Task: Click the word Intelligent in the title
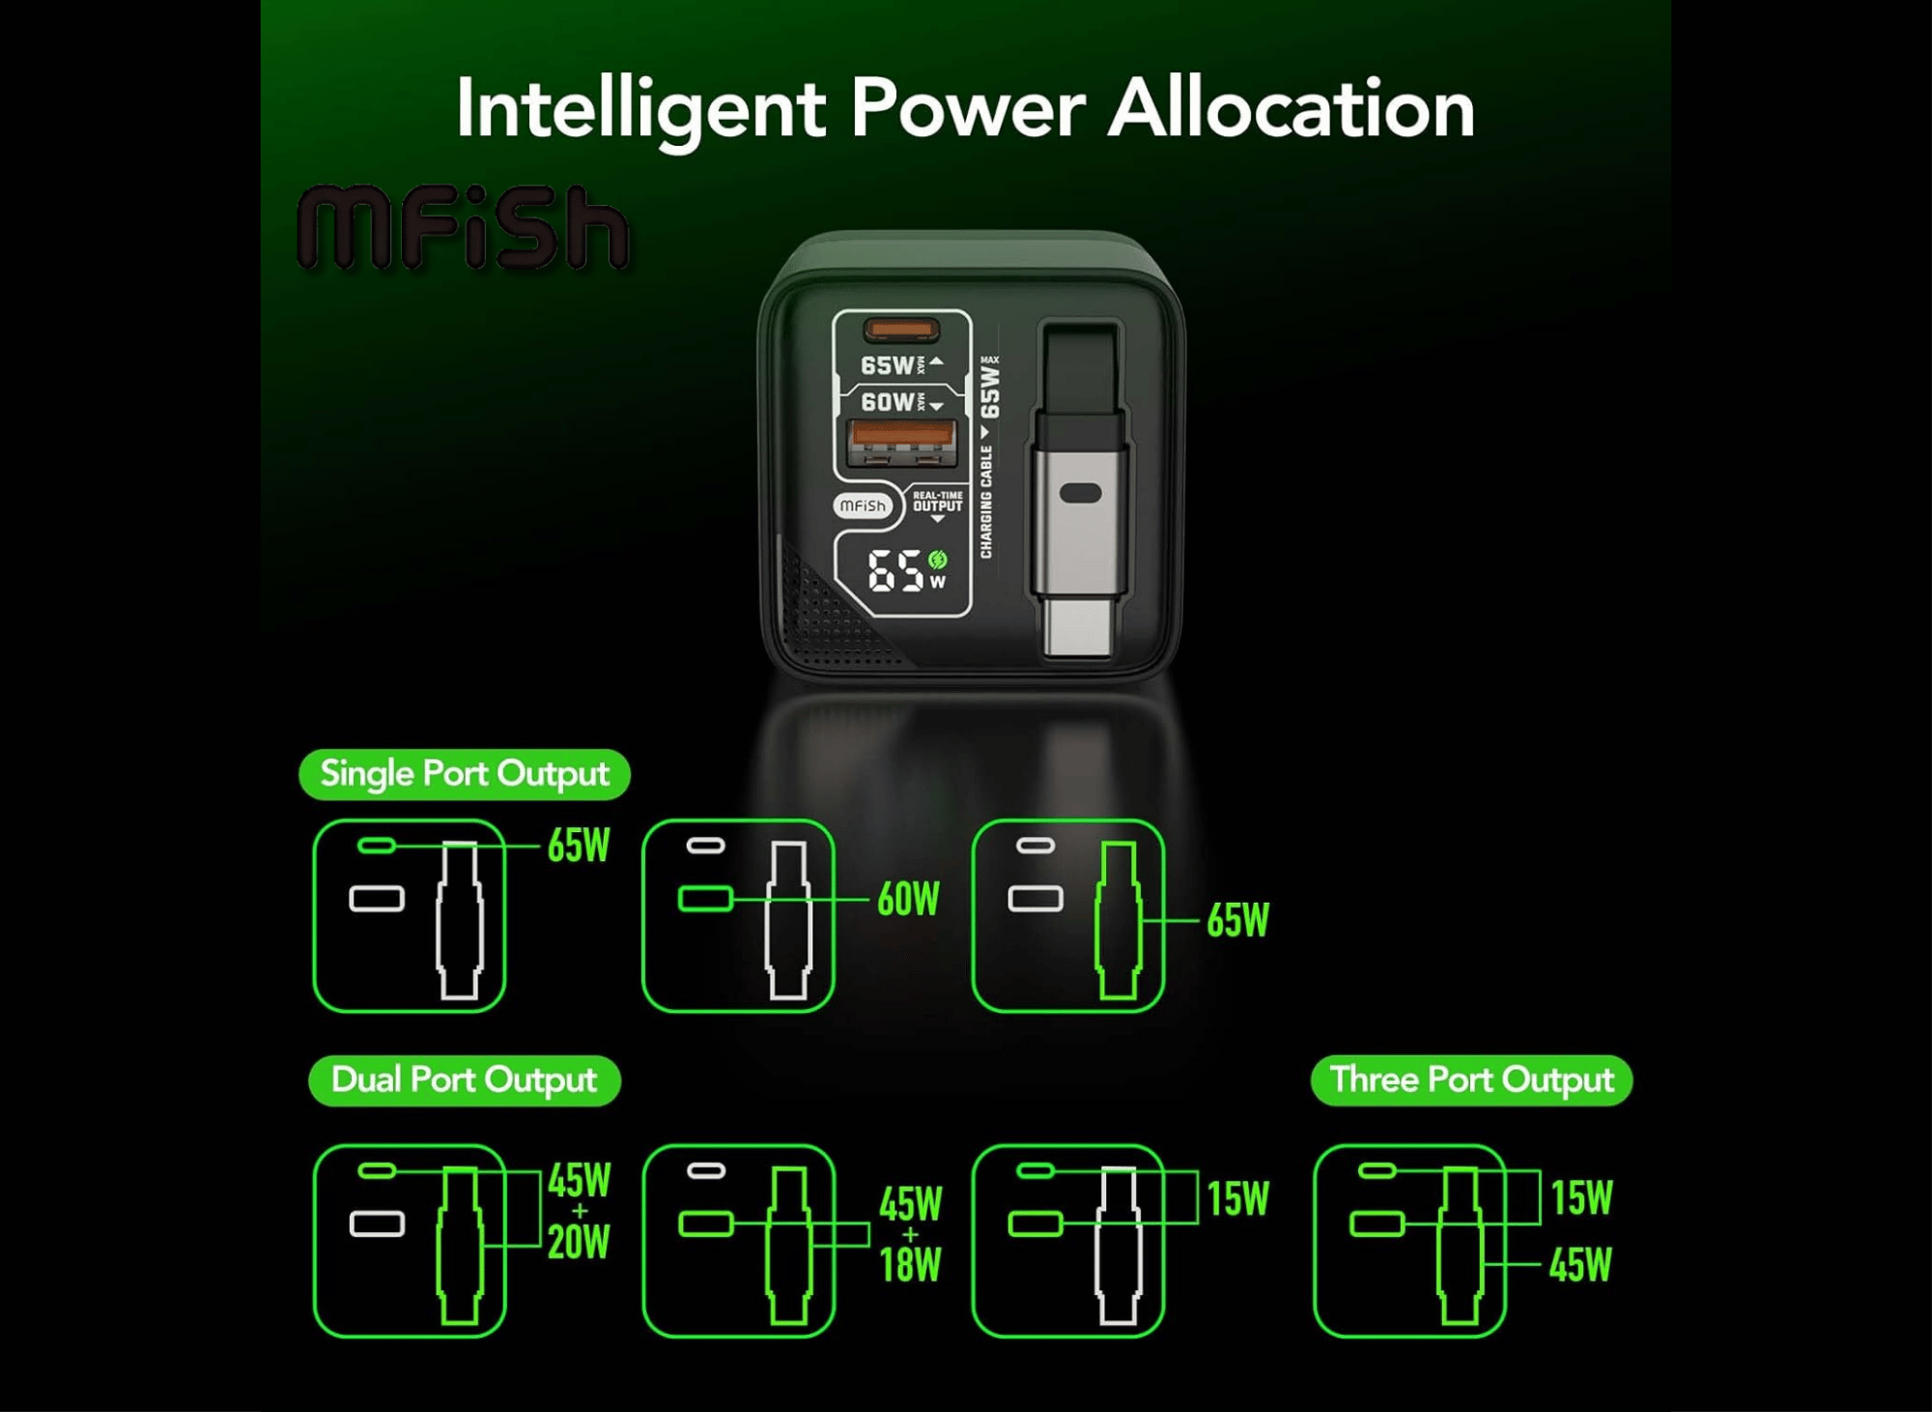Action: pos(640,110)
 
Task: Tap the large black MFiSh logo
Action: pos(463,227)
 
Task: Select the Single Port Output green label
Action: pos(465,774)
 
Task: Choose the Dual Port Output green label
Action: pos(465,1081)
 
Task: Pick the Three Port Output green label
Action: pos(1471,1080)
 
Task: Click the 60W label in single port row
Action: pos(908,899)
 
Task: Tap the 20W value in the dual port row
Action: pos(579,1242)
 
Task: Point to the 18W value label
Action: pos(910,1264)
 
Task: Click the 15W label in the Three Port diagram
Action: pos(1581,1198)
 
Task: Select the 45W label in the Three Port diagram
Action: pos(1580,1265)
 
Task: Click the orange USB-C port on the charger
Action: pos(901,331)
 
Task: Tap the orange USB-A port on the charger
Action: pos(901,444)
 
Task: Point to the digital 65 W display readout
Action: pos(906,570)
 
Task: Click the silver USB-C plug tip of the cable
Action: pos(1079,627)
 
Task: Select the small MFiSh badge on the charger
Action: pos(863,505)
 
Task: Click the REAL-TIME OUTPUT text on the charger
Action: pos(937,502)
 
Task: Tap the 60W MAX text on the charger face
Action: pos(895,401)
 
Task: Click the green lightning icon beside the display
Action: pos(937,559)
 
